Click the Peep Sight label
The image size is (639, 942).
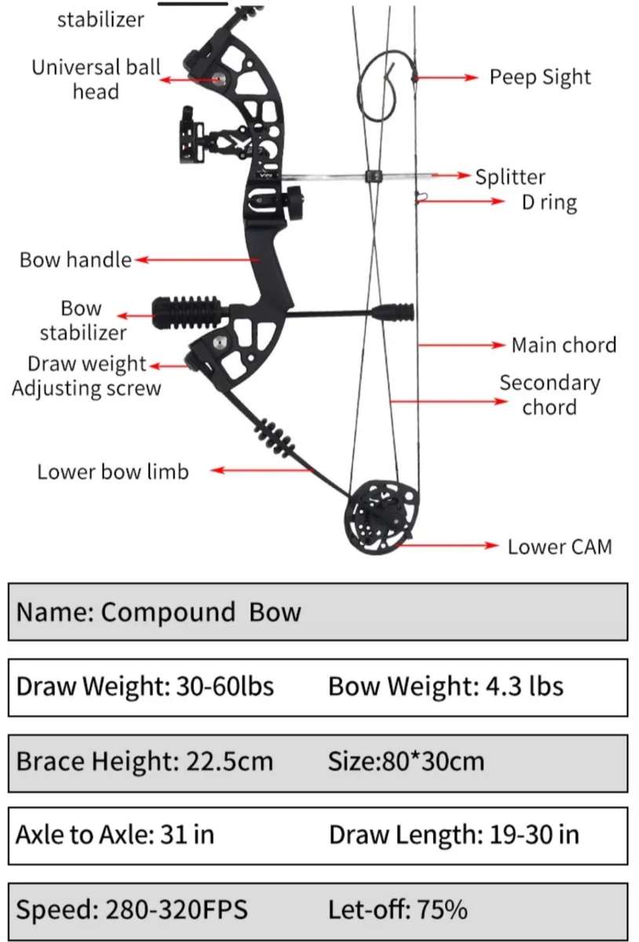pos(539,77)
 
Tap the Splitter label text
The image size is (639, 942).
pos(509,177)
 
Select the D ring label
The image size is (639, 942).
pos(550,202)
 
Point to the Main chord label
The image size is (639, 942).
pos(563,345)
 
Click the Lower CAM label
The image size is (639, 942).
pos(559,546)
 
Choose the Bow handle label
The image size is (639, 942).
pos(75,259)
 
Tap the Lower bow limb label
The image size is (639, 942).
pos(112,471)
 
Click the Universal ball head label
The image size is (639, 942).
pos(96,78)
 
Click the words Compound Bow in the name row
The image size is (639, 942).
pos(201,612)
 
